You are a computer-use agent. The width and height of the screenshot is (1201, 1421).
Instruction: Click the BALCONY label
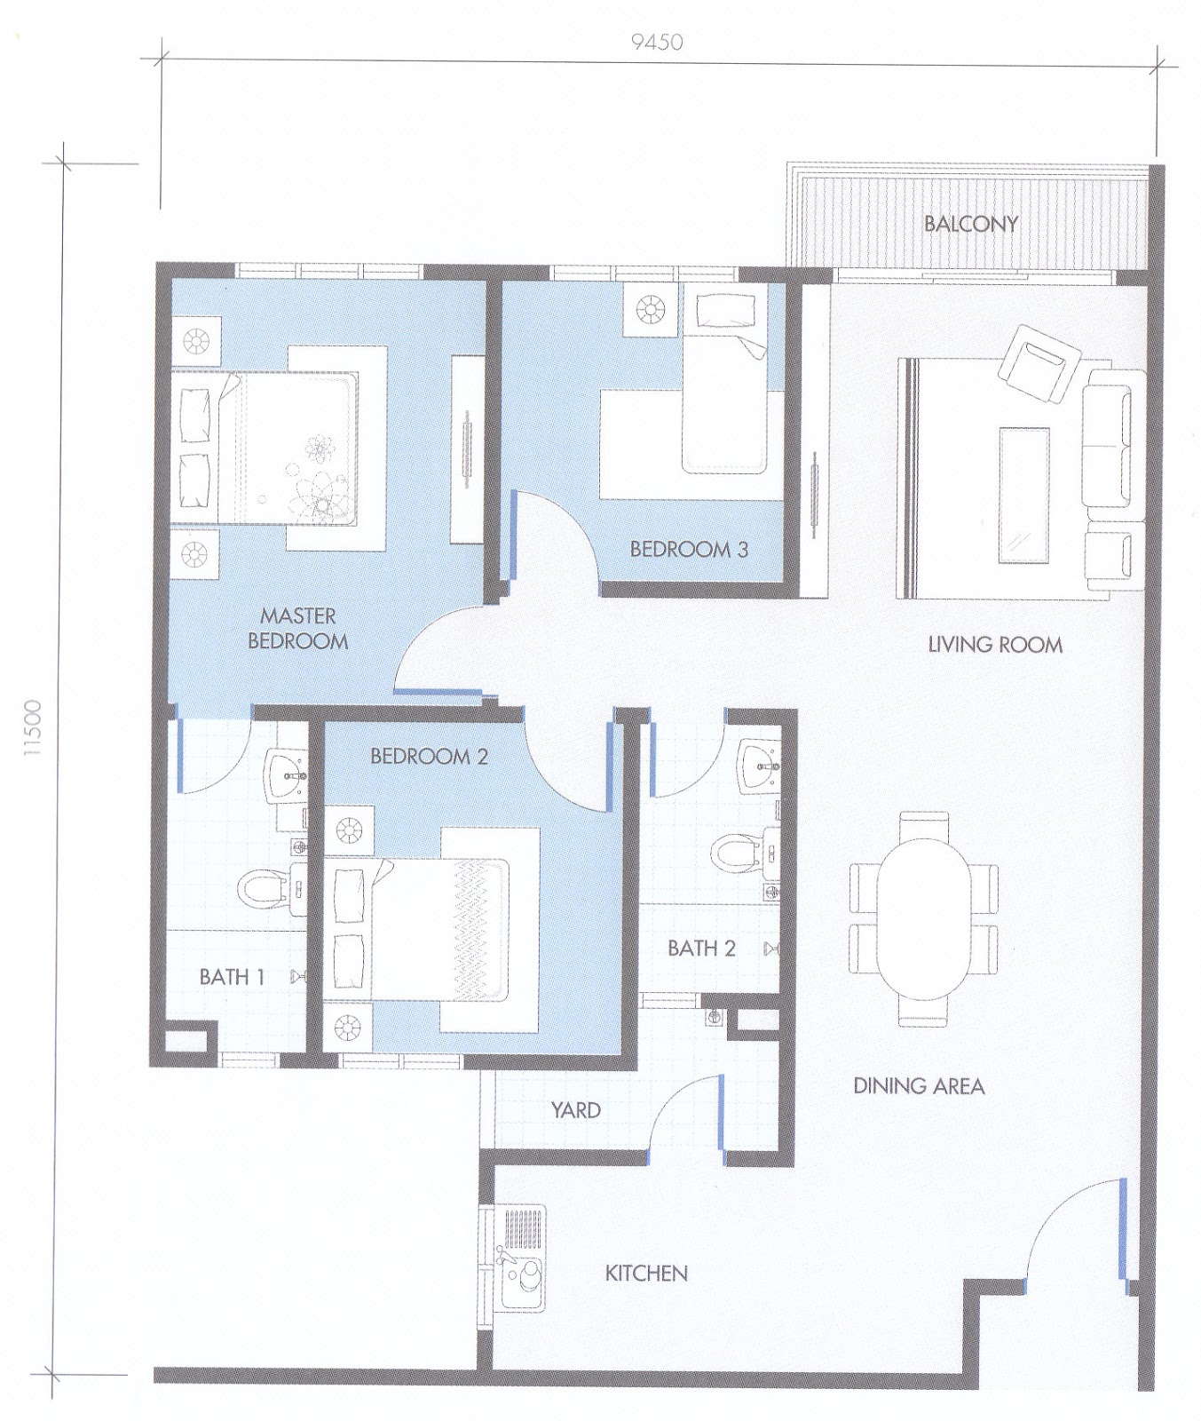coord(970,224)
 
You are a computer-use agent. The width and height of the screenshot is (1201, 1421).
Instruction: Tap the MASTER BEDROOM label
coord(297,628)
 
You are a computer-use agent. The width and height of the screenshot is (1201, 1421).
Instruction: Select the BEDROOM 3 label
coord(689,549)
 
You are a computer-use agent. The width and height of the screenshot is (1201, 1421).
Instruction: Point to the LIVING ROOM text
coord(995,645)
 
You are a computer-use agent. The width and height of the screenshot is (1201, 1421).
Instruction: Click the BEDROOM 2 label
coord(430,757)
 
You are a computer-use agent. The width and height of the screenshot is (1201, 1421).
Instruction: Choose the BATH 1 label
coord(232,977)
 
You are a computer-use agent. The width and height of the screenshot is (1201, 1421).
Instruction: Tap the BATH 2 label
coord(701,949)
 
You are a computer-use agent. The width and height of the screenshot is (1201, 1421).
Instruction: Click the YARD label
coord(575,1110)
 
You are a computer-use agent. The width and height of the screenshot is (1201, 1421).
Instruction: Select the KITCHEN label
coord(646,1274)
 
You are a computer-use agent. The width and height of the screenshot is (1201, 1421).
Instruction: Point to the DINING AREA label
coord(919,1085)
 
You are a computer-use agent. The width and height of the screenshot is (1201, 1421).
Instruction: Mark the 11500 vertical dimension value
coord(33,727)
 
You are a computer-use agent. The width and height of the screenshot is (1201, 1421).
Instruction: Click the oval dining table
coord(924,917)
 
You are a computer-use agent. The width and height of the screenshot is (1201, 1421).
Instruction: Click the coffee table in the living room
coord(1025,496)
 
